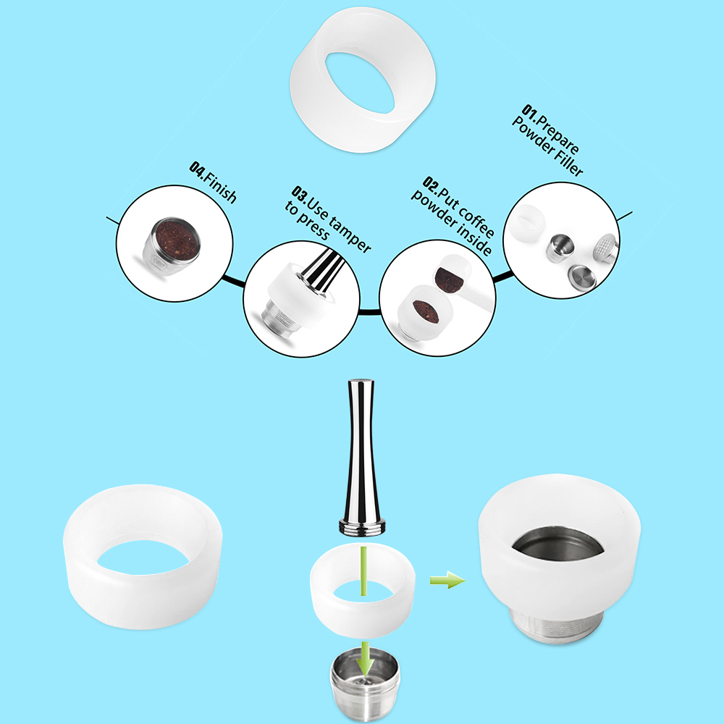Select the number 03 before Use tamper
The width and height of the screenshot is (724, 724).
300,195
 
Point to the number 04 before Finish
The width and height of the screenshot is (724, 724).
197,169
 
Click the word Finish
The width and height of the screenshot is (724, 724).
221,186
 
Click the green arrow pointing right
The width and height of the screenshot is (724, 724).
447,580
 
